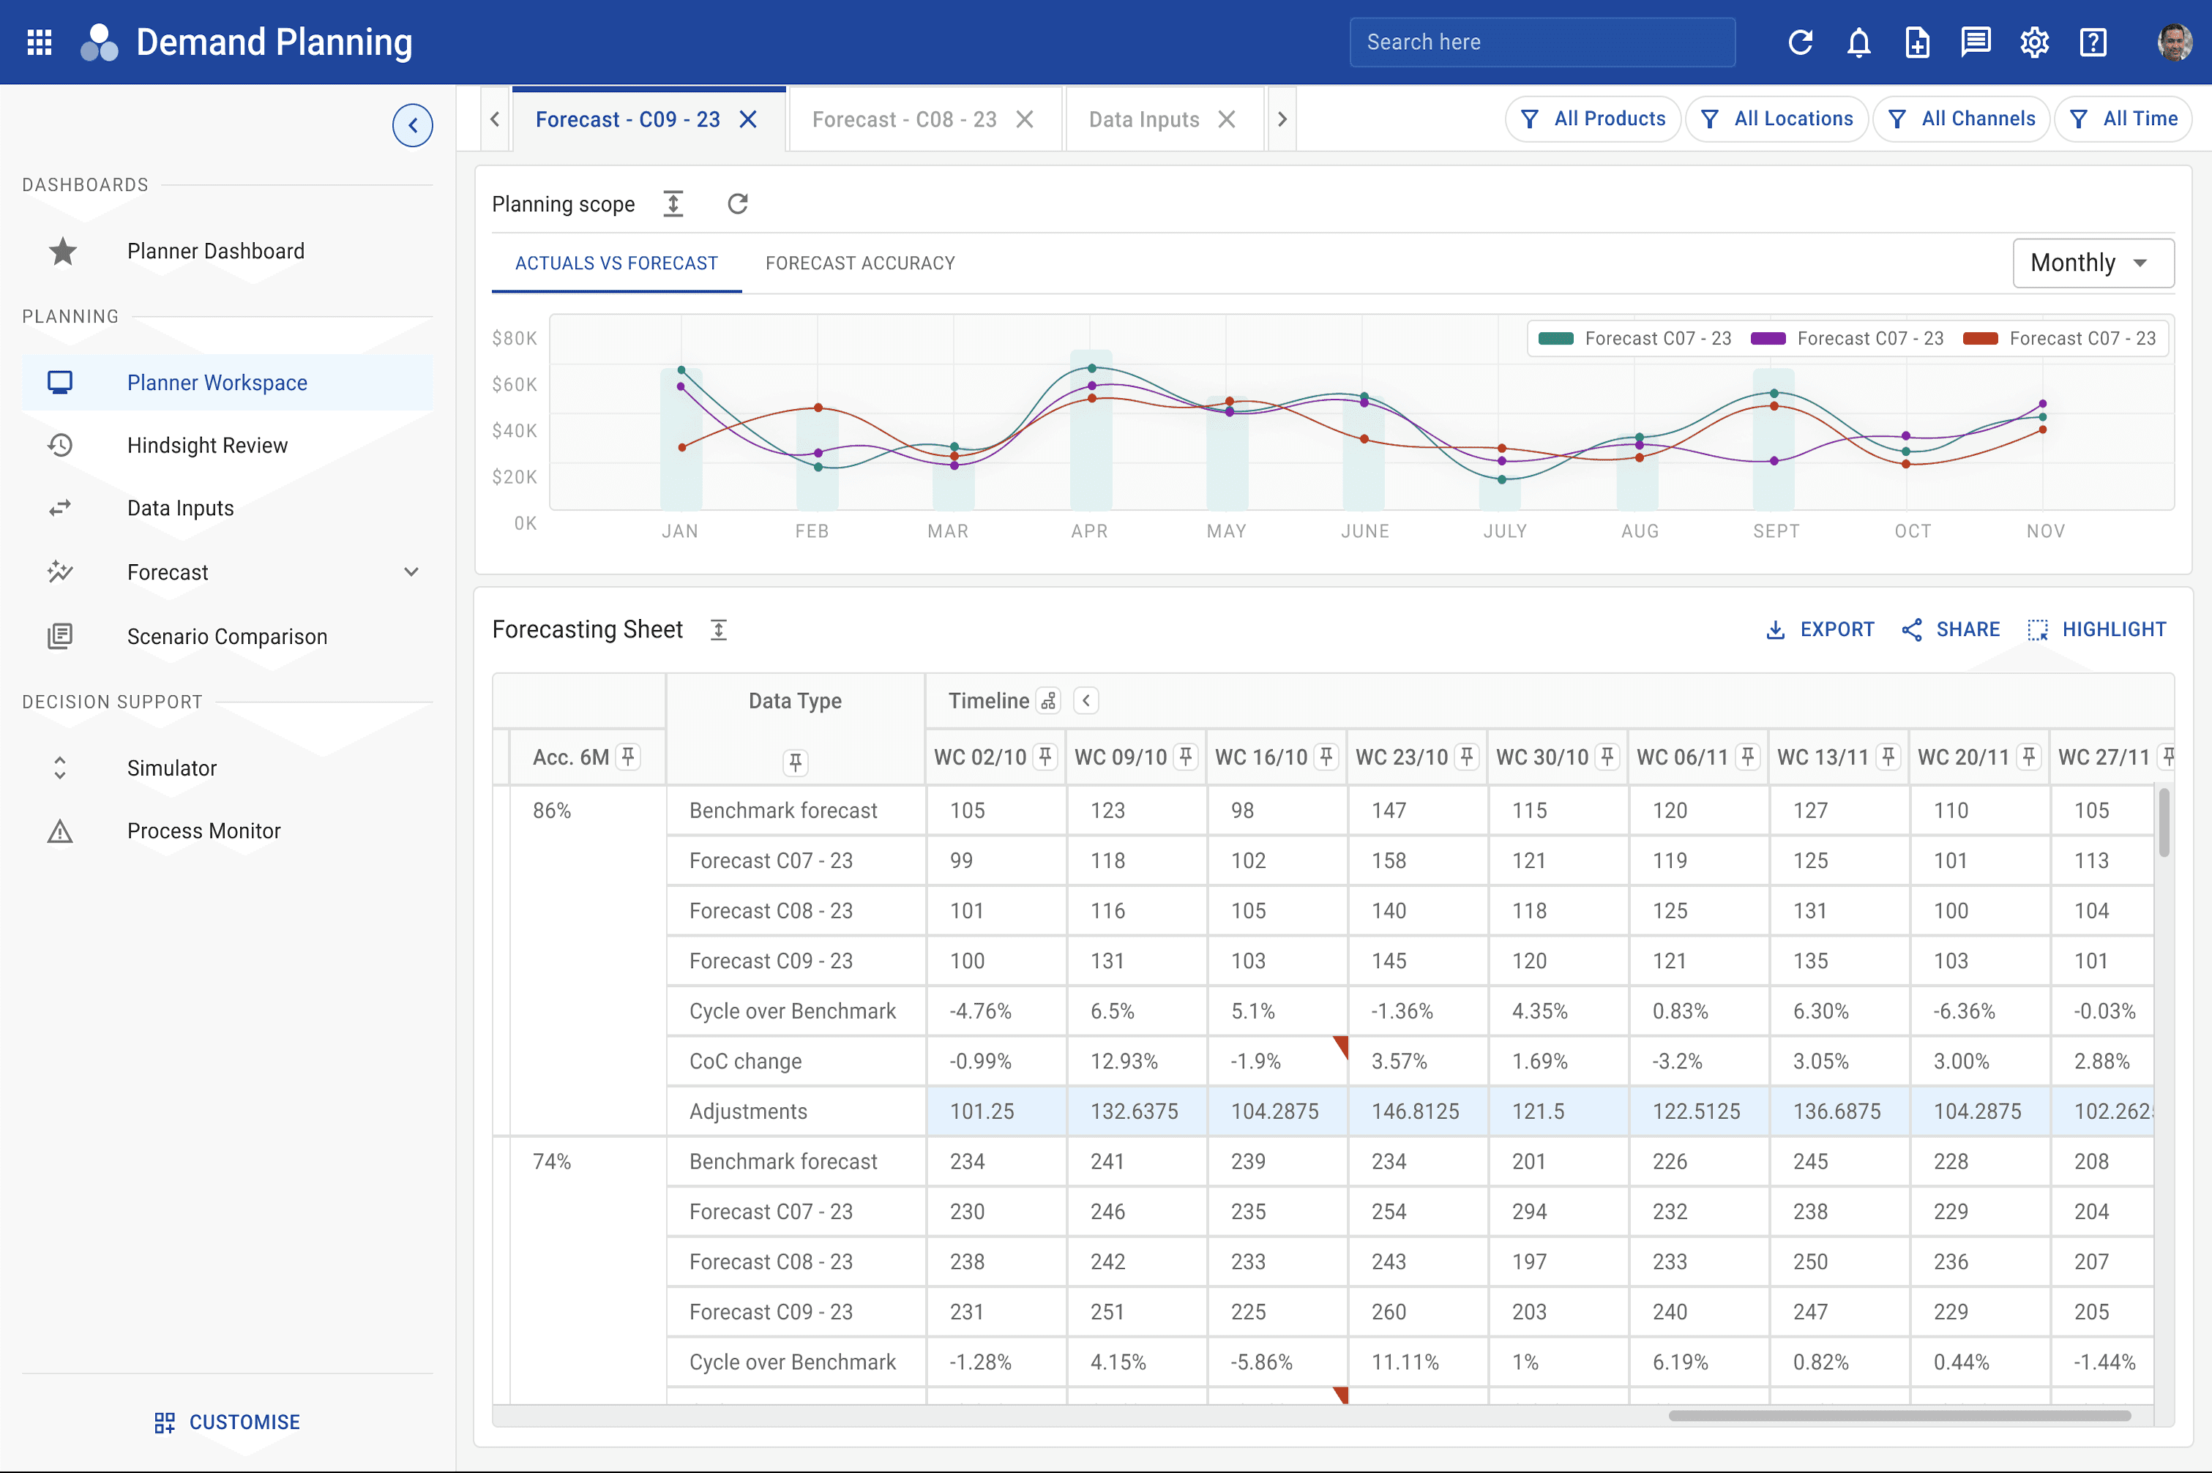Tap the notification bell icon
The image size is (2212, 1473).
pyautogui.click(x=1858, y=42)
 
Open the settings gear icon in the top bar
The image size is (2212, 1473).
pyautogui.click(x=2034, y=42)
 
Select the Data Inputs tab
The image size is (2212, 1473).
pyautogui.click(x=1143, y=119)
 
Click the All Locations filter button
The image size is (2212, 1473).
pyautogui.click(x=1777, y=119)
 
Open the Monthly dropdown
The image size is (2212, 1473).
pyautogui.click(x=2093, y=263)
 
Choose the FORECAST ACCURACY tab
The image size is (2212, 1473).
pyautogui.click(x=860, y=263)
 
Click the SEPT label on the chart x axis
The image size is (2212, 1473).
pyautogui.click(x=1776, y=531)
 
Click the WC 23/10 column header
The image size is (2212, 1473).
pyautogui.click(x=1401, y=757)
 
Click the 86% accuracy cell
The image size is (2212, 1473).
pyautogui.click(x=552, y=811)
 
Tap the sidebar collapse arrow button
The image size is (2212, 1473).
pyautogui.click(x=413, y=126)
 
